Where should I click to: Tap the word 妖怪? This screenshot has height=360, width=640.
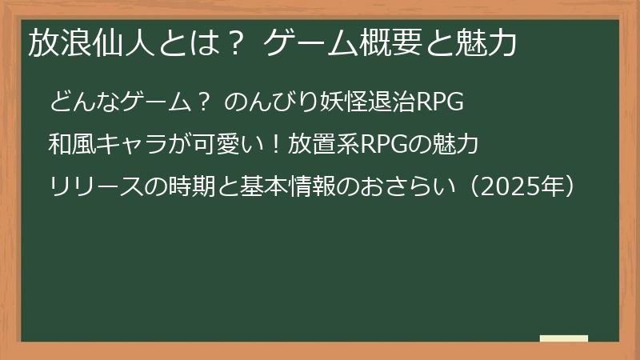click(332, 103)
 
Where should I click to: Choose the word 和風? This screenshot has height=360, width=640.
click(70, 145)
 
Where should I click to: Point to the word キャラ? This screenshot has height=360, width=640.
click(135, 145)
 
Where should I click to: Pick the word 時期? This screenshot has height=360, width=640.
click(199, 187)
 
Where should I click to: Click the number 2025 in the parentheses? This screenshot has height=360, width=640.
click(512, 187)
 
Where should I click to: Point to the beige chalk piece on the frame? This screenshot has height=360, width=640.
click(563, 338)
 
